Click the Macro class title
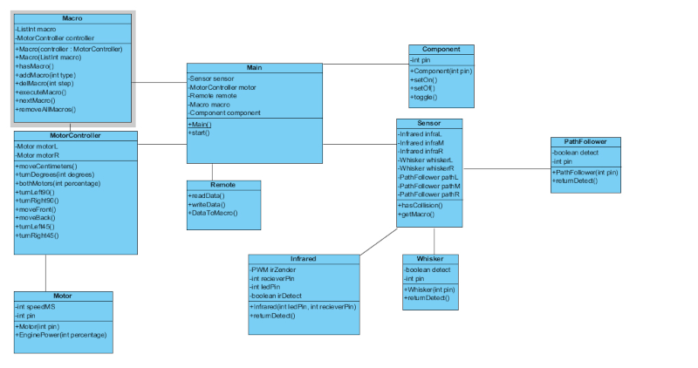(72, 18)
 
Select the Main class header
(254, 67)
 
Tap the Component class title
(441, 50)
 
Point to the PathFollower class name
(585, 141)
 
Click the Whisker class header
(430, 259)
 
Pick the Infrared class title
(303, 259)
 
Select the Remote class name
(223, 185)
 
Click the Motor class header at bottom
(63, 296)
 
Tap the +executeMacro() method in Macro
(41, 91)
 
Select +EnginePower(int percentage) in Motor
(60, 335)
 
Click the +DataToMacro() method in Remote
(213, 213)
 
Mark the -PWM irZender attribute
(273, 269)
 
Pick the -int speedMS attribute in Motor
(37, 306)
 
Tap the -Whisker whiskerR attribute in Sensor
(427, 168)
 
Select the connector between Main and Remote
(212, 171)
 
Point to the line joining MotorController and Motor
(45, 272)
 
